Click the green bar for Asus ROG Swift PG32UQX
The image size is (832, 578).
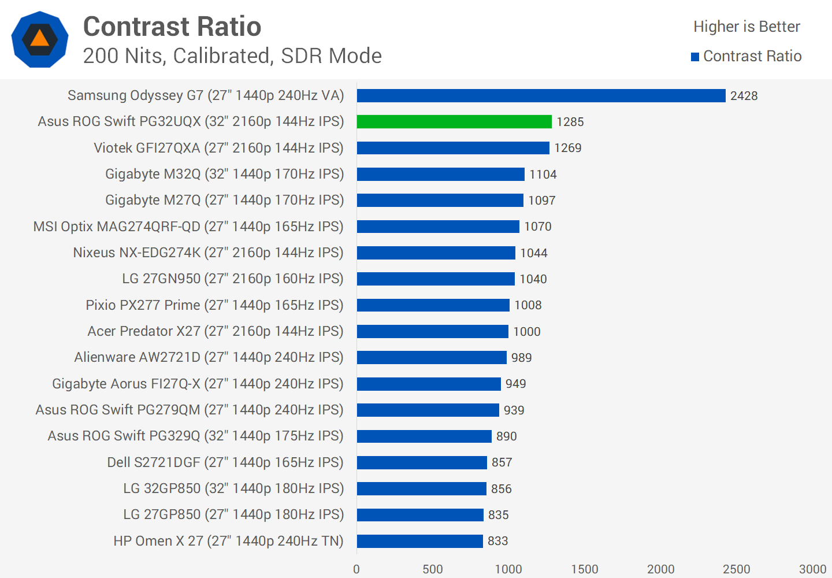click(x=454, y=121)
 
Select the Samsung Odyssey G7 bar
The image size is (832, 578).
click(x=541, y=95)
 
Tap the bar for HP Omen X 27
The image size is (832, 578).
click(x=419, y=541)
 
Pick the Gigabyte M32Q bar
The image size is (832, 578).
click(x=440, y=174)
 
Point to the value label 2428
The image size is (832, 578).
click(x=744, y=96)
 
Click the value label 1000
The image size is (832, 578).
click(x=527, y=332)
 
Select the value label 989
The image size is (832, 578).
click(x=521, y=358)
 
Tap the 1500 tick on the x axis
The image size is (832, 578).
click(x=584, y=569)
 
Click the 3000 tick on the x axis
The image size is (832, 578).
click(x=812, y=569)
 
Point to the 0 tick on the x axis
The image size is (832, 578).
click(x=356, y=569)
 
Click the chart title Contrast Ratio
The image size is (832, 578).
click(x=172, y=27)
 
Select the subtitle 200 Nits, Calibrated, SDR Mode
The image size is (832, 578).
click(x=232, y=56)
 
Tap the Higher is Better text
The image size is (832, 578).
click(x=746, y=27)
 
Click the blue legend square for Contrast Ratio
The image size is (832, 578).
click(x=695, y=57)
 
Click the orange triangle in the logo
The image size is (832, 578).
click(x=39, y=38)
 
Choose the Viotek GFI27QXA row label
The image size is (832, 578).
click(x=218, y=148)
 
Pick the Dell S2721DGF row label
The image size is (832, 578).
click(x=225, y=462)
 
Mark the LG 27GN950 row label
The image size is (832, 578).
click(x=232, y=279)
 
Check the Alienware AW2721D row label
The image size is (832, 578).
click(x=209, y=357)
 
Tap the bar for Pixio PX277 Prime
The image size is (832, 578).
click(x=433, y=305)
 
